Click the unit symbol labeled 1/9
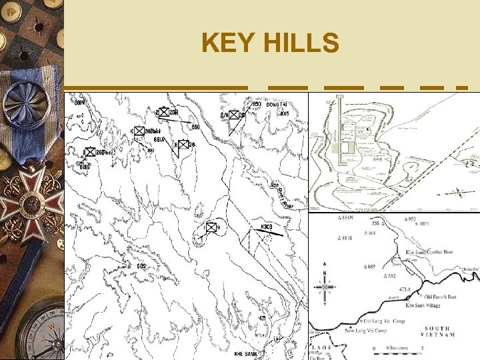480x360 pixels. click(x=212, y=228)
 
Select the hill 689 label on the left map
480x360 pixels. click(x=141, y=267)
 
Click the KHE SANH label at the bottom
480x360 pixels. click(x=246, y=353)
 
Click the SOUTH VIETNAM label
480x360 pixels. click(x=437, y=332)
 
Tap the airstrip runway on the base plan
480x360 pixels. click(x=341, y=147)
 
